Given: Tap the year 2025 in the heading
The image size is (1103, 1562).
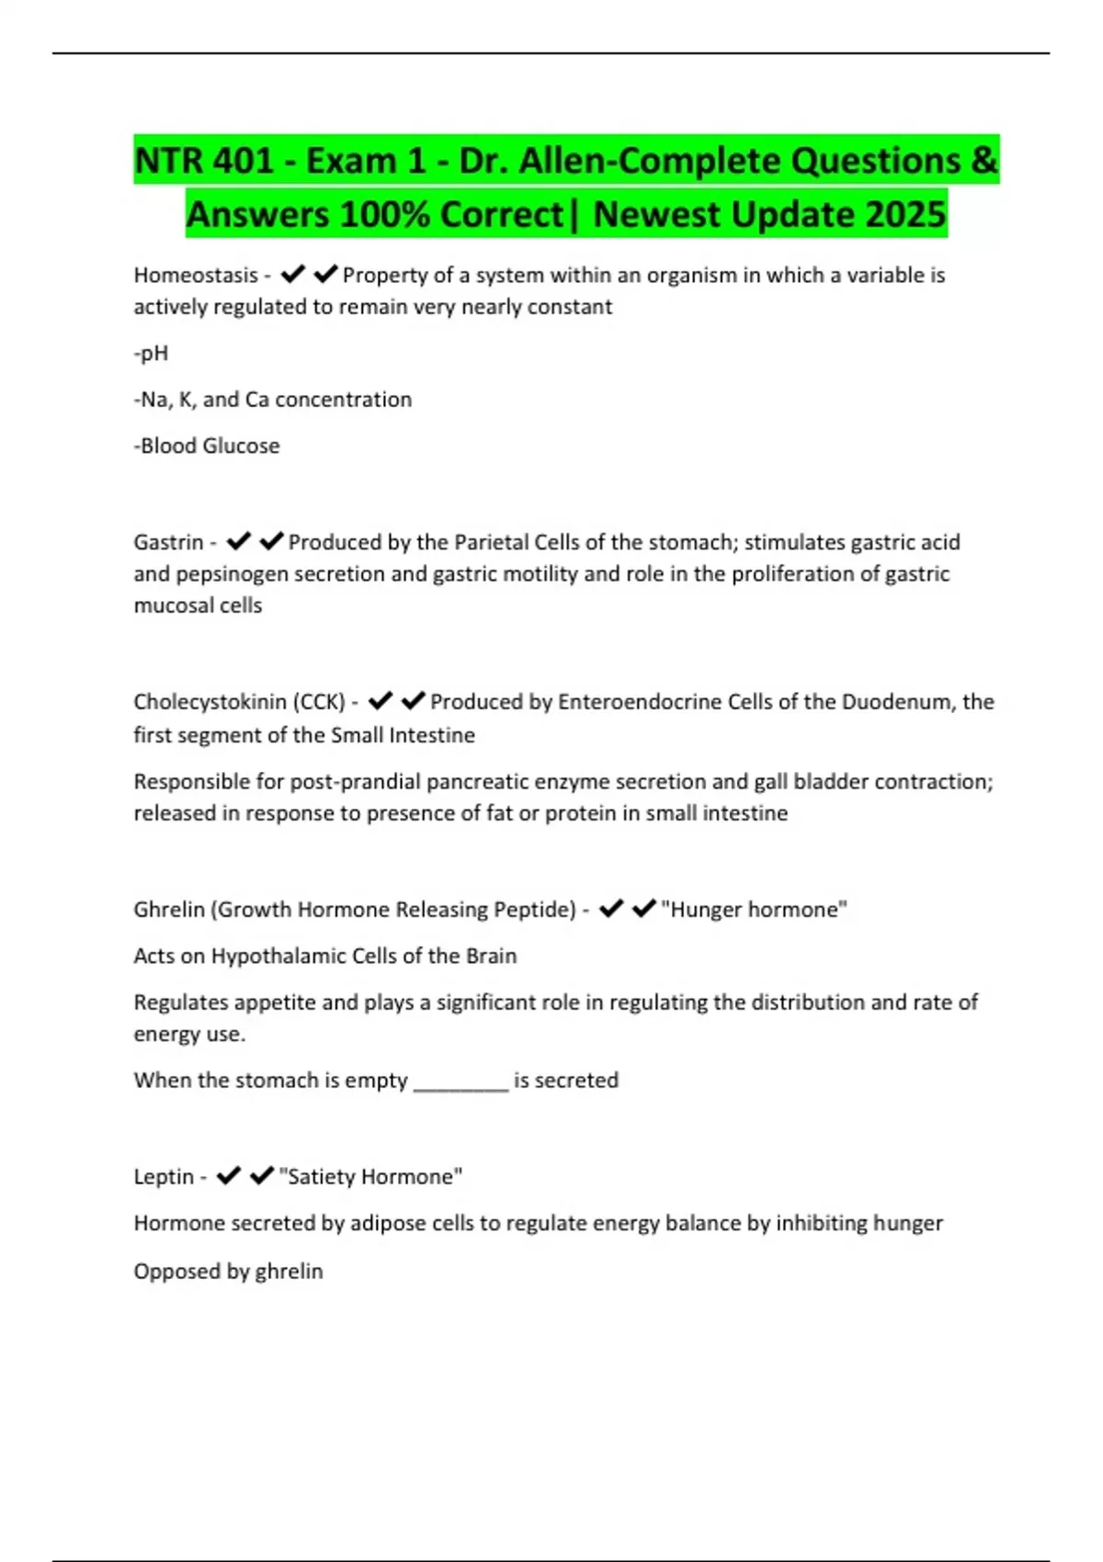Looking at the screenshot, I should pyautogui.click(x=905, y=214).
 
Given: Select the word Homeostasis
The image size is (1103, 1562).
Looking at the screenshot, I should pyautogui.click(x=196, y=275).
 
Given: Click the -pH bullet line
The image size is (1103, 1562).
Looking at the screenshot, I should pyautogui.click(x=151, y=354).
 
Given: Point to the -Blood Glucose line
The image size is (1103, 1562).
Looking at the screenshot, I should pyautogui.click(x=207, y=446).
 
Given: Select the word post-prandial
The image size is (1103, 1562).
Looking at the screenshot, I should pyautogui.click(x=356, y=782).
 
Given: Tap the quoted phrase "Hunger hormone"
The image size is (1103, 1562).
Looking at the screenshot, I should pyautogui.click(x=754, y=910).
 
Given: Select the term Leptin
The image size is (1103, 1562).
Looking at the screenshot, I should pyautogui.click(x=164, y=1177).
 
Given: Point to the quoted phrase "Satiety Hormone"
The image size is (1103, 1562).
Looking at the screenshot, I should pyautogui.click(x=370, y=1177).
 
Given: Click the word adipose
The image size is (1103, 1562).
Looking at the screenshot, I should pyautogui.click(x=389, y=1223).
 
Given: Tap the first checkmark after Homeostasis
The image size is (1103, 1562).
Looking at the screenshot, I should pyautogui.click(x=293, y=274).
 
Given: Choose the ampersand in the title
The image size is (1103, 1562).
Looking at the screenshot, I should pyautogui.click(x=983, y=161).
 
